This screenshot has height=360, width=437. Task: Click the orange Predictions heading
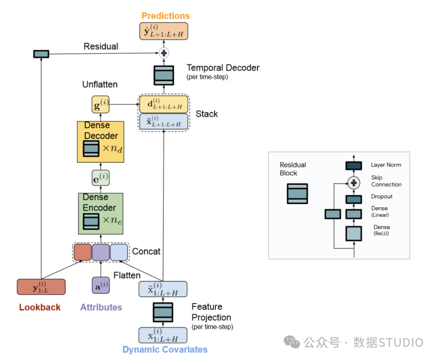pyautogui.click(x=165, y=16)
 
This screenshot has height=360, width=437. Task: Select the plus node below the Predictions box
pyautogui.click(x=164, y=53)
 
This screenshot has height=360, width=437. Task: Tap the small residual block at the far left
pyautogui.click(x=41, y=54)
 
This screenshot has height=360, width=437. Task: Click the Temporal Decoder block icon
pyautogui.click(x=164, y=75)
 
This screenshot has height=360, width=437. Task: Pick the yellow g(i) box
pyautogui.click(x=100, y=104)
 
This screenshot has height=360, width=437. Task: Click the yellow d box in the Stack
pyautogui.click(x=163, y=104)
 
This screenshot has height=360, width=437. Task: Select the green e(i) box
pyautogui.click(x=101, y=178)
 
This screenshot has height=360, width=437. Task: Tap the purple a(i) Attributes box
pyautogui.click(x=101, y=285)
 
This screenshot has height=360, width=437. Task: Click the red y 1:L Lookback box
pyautogui.click(x=41, y=287)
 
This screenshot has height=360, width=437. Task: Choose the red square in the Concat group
pyautogui.click(x=83, y=252)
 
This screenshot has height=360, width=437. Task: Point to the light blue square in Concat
pyautogui.click(x=119, y=252)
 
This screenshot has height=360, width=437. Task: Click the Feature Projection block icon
pyautogui.click(x=163, y=312)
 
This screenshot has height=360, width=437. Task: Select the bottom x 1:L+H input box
pyautogui.click(x=163, y=335)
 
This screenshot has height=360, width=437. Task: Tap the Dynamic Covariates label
pyautogui.click(x=165, y=349)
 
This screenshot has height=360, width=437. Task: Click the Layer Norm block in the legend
pyautogui.click(x=354, y=166)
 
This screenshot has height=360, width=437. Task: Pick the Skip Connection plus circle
pyautogui.click(x=354, y=183)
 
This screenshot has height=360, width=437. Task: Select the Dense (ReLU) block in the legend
pyautogui.click(x=354, y=233)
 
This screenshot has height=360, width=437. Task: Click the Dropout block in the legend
pyautogui.click(x=354, y=199)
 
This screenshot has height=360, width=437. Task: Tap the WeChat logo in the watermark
pyautogui.click(x=292, y=342)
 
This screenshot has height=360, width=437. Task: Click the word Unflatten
pyautogui.click(x=100, y=85)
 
